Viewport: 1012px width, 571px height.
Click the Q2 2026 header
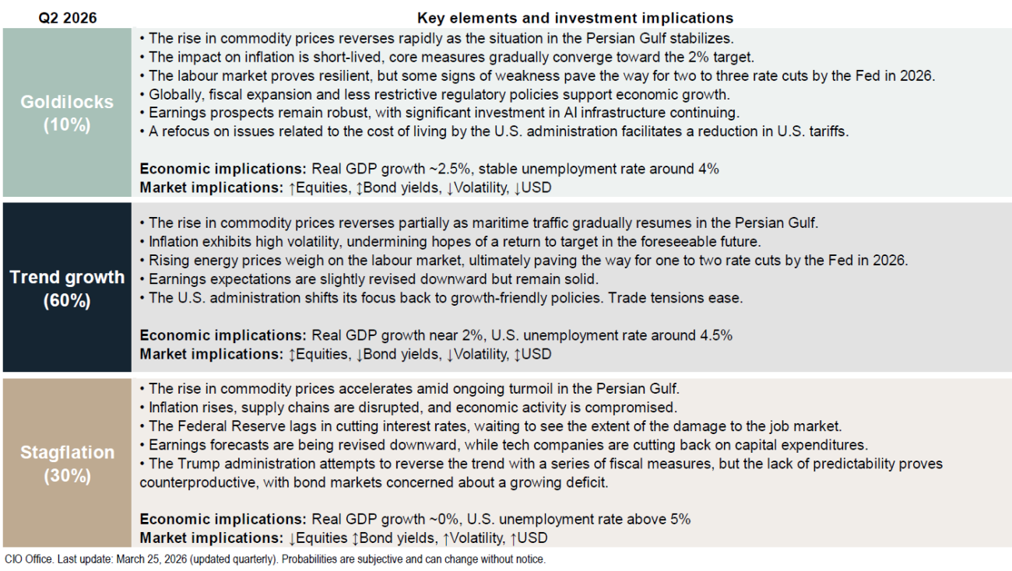68,17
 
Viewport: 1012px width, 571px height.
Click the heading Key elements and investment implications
575,17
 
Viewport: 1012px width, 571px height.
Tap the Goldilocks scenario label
68,103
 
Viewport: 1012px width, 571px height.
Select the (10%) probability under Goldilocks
68,124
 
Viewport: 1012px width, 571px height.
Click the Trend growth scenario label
68,278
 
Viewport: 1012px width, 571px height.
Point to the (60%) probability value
68,301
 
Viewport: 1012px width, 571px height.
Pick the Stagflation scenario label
68,453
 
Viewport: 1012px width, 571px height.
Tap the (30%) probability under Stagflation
68,476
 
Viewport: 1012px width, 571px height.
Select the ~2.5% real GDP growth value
430,169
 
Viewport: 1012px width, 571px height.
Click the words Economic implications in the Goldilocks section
223,169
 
